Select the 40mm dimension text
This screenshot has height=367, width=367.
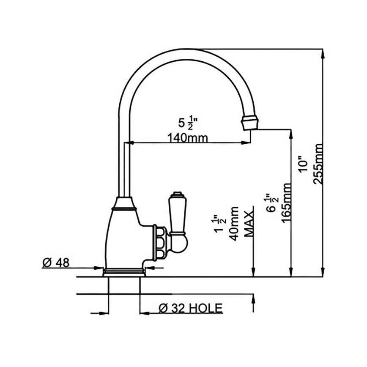(x=234, y=223)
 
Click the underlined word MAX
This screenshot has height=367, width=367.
(x=249, y=222)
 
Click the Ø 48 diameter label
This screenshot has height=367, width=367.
(x=56, y=262)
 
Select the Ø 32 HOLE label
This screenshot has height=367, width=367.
(x=190, y=308)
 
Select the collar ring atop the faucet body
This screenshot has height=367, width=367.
(x=124, y=207)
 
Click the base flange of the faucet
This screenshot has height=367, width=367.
(x=124, y=271)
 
